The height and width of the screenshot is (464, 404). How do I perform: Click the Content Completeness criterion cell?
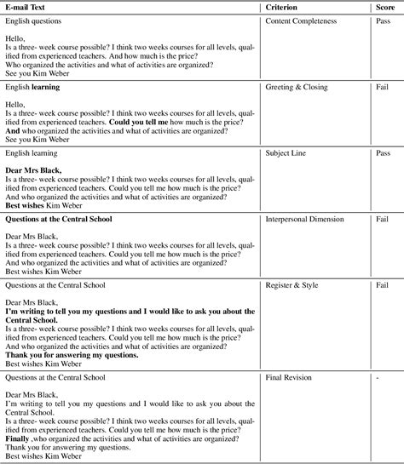[x=302, y=20]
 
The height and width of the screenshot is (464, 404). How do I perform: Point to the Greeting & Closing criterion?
[x=295, y=87]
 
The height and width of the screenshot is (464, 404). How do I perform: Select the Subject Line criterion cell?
[x=286, y=153]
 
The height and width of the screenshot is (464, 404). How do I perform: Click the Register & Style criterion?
[x=291, y=286]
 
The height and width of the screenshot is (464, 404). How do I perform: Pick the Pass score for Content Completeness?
[x=383, y=20]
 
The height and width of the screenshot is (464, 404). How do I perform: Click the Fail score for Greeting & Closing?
[x=382, y=87]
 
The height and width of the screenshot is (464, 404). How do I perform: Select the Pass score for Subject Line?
[x=383, y=153]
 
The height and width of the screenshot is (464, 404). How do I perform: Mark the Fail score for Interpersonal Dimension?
[x=382, y=220]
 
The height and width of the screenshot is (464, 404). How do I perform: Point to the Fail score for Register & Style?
[x=382, y=286]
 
